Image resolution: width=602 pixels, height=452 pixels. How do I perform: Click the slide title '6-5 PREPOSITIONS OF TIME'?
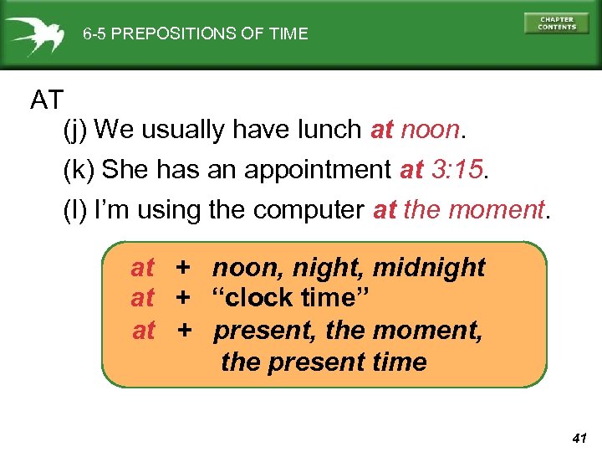(x=195, y=34)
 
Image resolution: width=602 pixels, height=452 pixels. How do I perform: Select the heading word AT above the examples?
(x=47, y=100)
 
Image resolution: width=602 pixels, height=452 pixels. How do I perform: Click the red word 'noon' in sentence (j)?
(x=430, y=131)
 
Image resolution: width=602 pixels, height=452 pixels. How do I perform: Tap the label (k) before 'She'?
(x=79, y=170)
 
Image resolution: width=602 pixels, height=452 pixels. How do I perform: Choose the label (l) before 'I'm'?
(x=75, y=209)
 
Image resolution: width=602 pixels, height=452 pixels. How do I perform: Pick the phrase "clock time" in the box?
(x=291, y=298)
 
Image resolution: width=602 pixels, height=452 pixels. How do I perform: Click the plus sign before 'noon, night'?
(x=183, y=268)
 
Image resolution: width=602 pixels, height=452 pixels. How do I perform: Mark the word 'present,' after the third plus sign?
(x=265, y=331)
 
